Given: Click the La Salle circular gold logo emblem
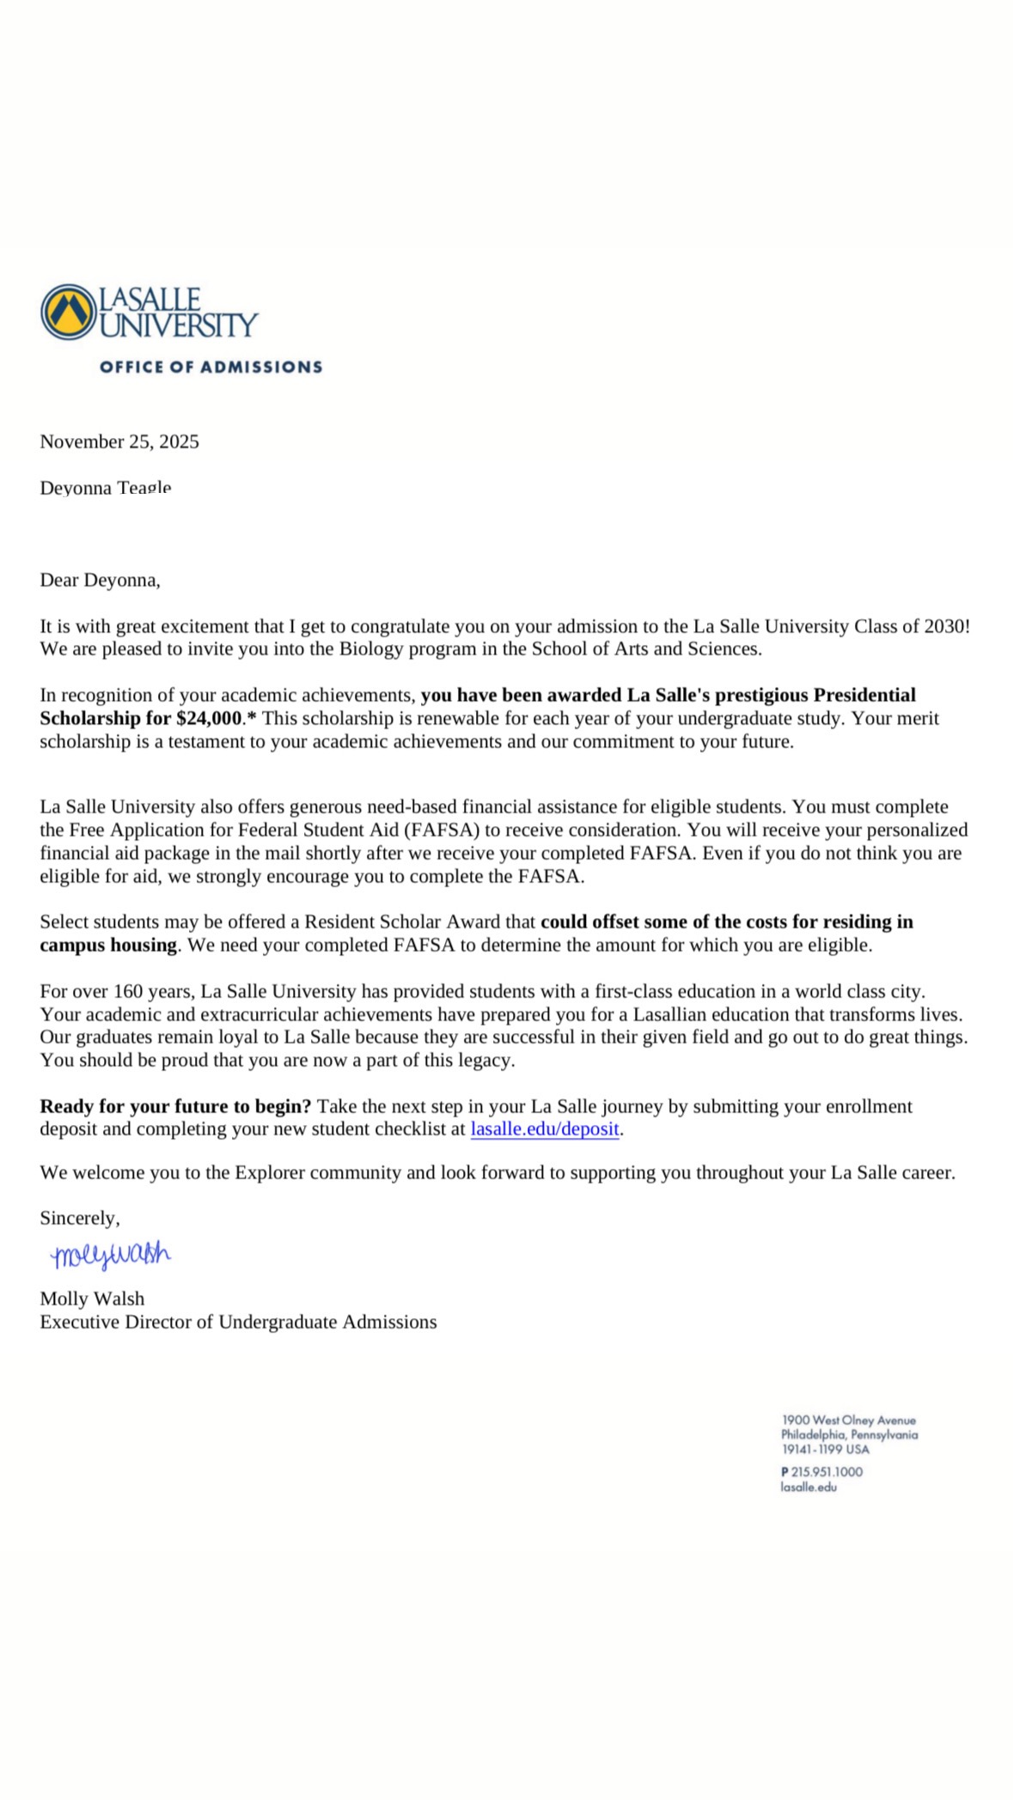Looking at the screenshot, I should click(68, 312).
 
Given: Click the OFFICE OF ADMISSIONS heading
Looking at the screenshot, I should click(211, 367).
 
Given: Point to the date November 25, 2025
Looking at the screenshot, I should click(119, 441).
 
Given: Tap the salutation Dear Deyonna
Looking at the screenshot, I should click(100, 580).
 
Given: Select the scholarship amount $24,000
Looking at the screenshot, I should click(209, 718).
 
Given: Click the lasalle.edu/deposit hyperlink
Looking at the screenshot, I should click(545, 1128).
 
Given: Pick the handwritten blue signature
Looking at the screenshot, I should click(111, 1256).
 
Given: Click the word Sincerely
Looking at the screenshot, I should click(80, 1218).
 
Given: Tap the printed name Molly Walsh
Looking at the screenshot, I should click(92, 1298).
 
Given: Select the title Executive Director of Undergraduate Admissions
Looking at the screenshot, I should click(238, 1322).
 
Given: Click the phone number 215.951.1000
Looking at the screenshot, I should click(827, 1471).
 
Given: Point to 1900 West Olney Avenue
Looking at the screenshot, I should click(849, 1420).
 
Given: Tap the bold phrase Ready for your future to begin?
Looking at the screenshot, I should click(175, 1106).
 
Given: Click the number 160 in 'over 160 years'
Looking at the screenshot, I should click(129, 991).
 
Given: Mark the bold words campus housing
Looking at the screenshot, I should click(108, 945).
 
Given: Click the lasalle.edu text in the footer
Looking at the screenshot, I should click(809, 1487).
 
